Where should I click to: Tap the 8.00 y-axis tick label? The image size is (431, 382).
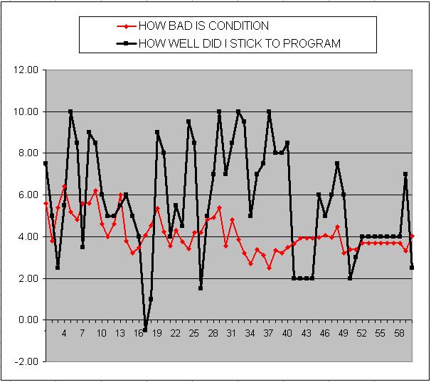pyautogui.click(x=26, y=153)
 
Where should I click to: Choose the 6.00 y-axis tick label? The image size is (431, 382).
pyautogui.click(x=26, y=195)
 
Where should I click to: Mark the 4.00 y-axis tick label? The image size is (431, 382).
pyautogui.click(x=26, y=236)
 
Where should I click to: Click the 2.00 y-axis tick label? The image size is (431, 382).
pyautogui.click(x=26, y=278)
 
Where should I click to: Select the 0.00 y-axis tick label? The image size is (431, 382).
pyautogui.click(x=26, y=320)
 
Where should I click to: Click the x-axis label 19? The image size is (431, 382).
pyautogui.click(x=156, y=333)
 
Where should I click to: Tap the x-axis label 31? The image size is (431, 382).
pyautogui.click(x=230, y=333)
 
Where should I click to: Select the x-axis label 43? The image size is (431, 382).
pyautogui.click(x=304, y=333)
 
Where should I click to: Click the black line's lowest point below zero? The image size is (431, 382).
pyautogui.click(x=145, y=330)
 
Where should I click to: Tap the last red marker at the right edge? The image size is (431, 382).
pyautogui.click(x=412, y=236)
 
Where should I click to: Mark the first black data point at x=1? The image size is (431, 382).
pyautogui.click(x=46, y=163)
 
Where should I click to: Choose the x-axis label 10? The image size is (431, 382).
pyautogui.click(x=101, y=333)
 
